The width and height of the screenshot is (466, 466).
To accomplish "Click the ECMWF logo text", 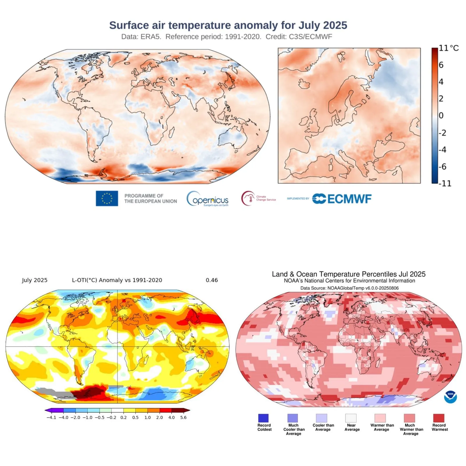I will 349,199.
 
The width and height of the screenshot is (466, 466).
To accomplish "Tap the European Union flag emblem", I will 107,198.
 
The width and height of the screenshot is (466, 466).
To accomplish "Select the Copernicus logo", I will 207,199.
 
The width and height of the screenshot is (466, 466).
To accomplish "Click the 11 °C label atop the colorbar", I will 448,48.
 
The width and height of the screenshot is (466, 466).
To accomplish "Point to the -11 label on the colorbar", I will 445,183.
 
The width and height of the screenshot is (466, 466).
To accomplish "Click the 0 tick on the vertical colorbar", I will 441,116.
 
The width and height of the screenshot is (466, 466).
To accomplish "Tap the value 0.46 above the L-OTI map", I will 212,280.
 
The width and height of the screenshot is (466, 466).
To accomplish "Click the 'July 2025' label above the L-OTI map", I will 35,280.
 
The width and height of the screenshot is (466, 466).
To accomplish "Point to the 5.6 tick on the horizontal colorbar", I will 183,417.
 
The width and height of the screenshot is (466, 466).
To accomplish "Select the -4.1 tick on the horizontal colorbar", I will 51,417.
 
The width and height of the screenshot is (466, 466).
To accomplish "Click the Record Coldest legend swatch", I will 263,418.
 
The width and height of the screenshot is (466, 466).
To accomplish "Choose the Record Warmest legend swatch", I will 439,418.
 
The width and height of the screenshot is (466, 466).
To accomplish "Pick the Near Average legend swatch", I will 351,418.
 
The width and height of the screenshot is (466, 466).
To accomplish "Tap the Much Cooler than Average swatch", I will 293,418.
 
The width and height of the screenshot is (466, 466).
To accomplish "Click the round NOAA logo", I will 450,397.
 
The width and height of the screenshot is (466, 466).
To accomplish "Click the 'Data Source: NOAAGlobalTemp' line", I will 349,288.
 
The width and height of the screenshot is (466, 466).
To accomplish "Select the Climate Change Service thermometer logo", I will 248,198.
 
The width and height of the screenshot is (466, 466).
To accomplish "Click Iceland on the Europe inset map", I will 304,84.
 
